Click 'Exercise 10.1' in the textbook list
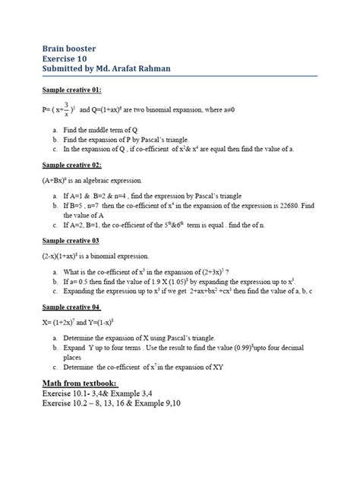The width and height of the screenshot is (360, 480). [66, 394]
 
